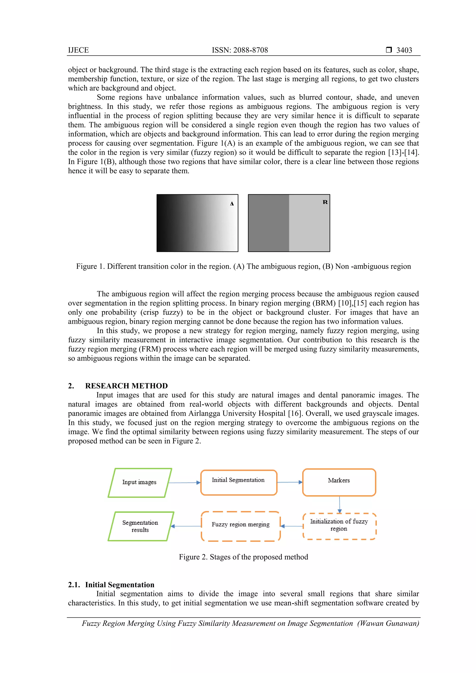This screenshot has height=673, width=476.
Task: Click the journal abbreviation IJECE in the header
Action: click(x=78, y=50)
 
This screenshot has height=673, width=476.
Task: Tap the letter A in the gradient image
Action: click(x=232, y=204)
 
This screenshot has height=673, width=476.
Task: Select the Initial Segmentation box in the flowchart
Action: click(x=238, y=483)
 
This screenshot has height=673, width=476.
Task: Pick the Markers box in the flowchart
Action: click(x=339, y=483)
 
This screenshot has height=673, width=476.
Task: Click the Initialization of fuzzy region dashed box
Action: click(x=339, y=526)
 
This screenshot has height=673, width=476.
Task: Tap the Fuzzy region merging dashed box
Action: click(x=241, y=526)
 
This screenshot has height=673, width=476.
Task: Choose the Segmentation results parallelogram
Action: click(x=140, y=526)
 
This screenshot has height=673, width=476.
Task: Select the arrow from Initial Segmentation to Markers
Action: click(x=289, y=482)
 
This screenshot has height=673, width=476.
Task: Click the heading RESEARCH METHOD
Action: click(x=126, y=386)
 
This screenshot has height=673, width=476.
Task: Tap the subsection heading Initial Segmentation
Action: click(x=120, y=584)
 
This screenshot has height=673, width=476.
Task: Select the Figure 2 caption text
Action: click(x=243, y=557)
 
